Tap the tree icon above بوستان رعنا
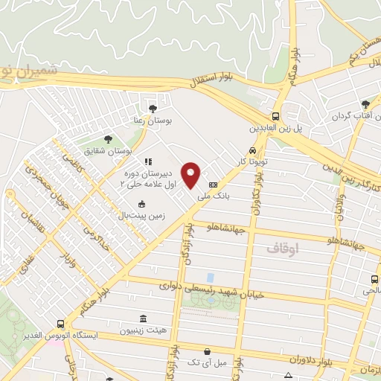pyautogui.click(x=153, y=109)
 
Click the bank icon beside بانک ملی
pyautogui.click(x=214, y=185)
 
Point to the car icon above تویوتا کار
pyautogui.click(x=252, y=150)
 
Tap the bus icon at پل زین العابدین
pyautogui.click(x=275, y=116)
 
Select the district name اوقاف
pyautogui.click(x=282, y=250)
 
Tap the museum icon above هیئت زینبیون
pyautogui.click(x=144, y=318)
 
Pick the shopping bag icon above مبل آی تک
pyautogui.click(x=207, y=351)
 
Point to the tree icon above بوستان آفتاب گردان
pyautogui.click(x=365, y=106)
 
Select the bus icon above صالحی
pyautogui.click(x=374, y=280)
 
